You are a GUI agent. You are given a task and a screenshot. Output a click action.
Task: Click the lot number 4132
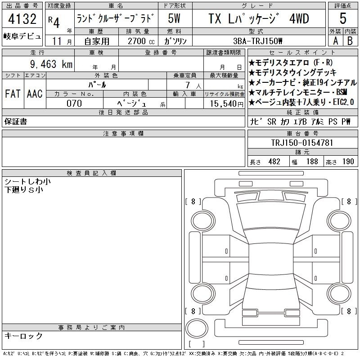(x=22, y=19)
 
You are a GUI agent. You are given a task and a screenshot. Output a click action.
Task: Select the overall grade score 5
(x=343, y=18)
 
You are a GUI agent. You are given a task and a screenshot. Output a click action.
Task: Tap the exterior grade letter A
(x=335, y=41)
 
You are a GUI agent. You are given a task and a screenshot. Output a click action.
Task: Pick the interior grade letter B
(x=350, y=41)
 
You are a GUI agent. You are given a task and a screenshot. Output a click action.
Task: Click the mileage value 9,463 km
(x=51, y=64)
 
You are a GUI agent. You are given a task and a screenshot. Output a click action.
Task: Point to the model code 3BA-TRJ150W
(x=257, y=41)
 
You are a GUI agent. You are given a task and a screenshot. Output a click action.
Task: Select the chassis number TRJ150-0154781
(x=302, y=143)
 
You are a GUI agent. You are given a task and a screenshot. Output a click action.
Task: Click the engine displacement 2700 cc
(x=141, y=41)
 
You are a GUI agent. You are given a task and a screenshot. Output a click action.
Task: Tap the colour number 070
(x=74, y=103)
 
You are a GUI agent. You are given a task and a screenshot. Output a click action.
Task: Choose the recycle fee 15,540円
(x=226, y=104)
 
